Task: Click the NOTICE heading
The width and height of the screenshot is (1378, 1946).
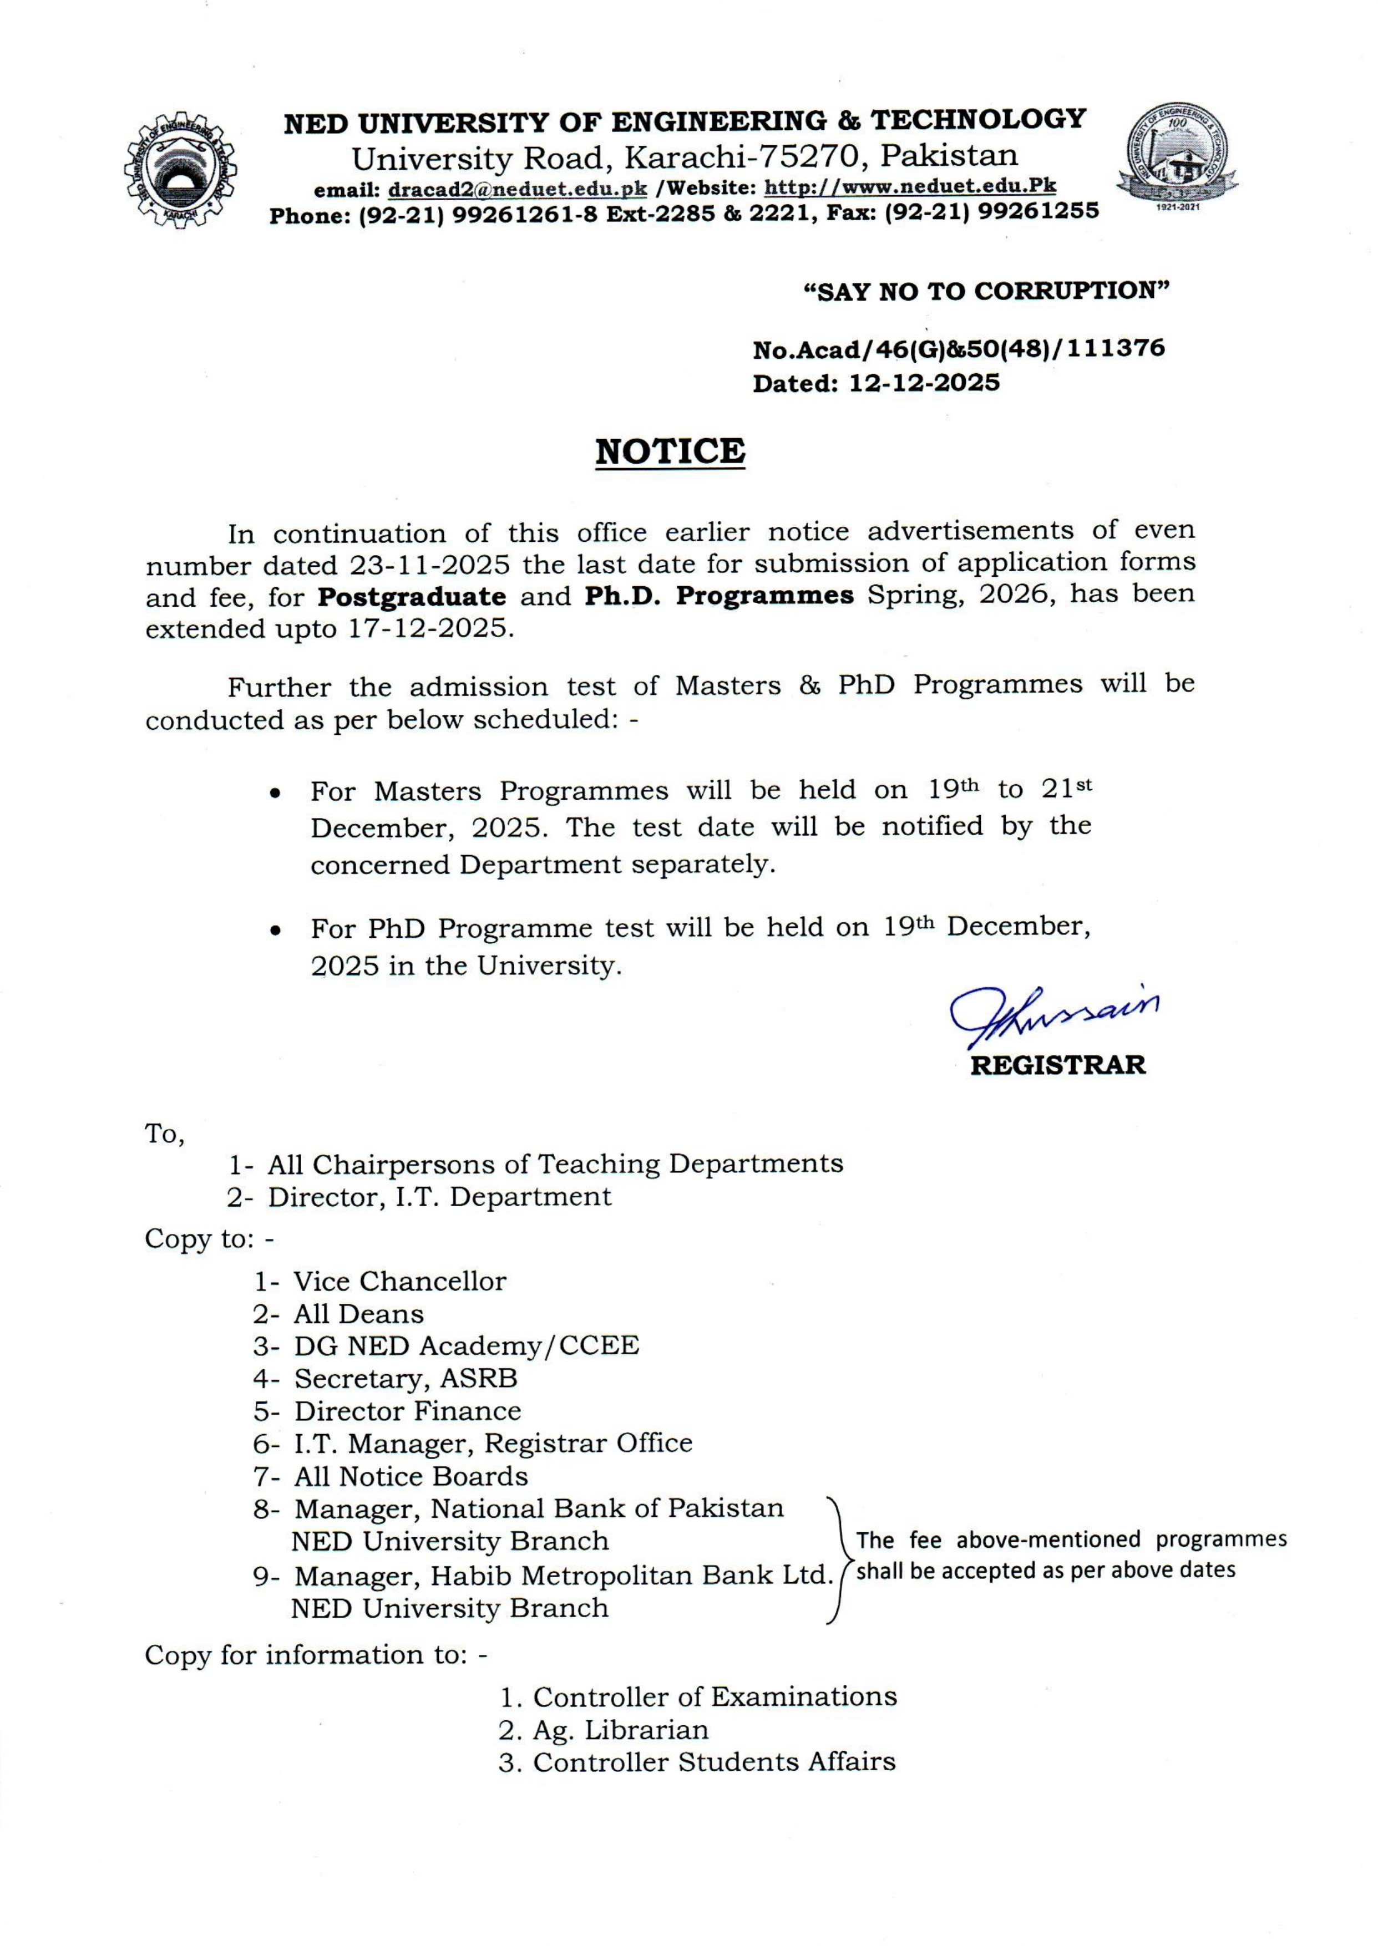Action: point(670,451)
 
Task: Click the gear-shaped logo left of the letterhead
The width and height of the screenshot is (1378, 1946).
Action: point(180,170)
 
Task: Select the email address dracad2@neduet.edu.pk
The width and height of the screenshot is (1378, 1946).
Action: point(517,189)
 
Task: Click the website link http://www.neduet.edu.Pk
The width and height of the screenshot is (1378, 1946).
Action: point(910,186)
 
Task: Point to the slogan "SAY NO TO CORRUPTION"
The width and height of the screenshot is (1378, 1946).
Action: point(986,291)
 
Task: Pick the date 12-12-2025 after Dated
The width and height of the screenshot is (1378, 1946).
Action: point(924,383)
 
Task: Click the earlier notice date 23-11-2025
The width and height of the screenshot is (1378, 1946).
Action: point(430,564)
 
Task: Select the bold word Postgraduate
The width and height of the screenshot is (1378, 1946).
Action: point(412,596)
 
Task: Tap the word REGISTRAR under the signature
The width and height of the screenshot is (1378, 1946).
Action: point(1057,1065)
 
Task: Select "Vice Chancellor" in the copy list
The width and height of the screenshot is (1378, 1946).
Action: point(399,1281)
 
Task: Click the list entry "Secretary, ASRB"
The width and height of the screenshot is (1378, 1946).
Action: point(406,1379)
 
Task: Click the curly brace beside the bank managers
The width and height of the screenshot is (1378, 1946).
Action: point(838,1561)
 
